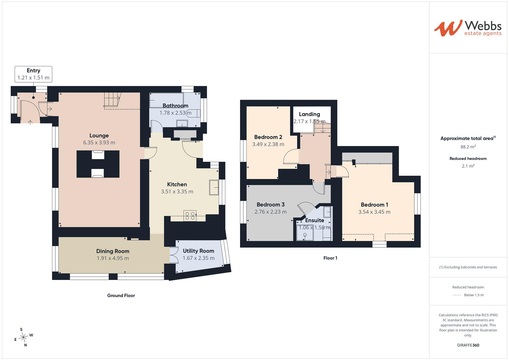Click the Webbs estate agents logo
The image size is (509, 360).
click(x=468, y=28)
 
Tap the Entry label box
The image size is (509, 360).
click(x=33, y=74)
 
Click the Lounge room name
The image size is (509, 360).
click(x=99, y=135)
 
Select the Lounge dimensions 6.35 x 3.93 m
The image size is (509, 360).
click(x=99, y=143)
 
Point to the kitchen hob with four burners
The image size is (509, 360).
click(x=190, y=216)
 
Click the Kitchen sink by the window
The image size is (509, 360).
click(x=214, y=187)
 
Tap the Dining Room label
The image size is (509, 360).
click(x=113, y=251)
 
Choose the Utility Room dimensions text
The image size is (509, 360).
click(x=199, y=258)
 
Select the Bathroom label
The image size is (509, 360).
click(x=175, y=106)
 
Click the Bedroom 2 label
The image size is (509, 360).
click(x=268, y=137)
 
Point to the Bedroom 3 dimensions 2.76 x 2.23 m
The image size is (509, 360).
click(x=271, y=212)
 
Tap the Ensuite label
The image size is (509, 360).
click(x=314, y=220)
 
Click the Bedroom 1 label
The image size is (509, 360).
click(x=374, y=205)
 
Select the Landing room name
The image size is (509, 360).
click(x=309, y=114)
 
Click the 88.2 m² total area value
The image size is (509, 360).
click(x=468, y=147)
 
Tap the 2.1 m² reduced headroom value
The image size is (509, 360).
click(x=468, y=166)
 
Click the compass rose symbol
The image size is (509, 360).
click(x=24, y=337)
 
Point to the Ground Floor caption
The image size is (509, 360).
click(x=121, y=295)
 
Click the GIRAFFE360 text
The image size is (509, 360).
click(x=468, y=345)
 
